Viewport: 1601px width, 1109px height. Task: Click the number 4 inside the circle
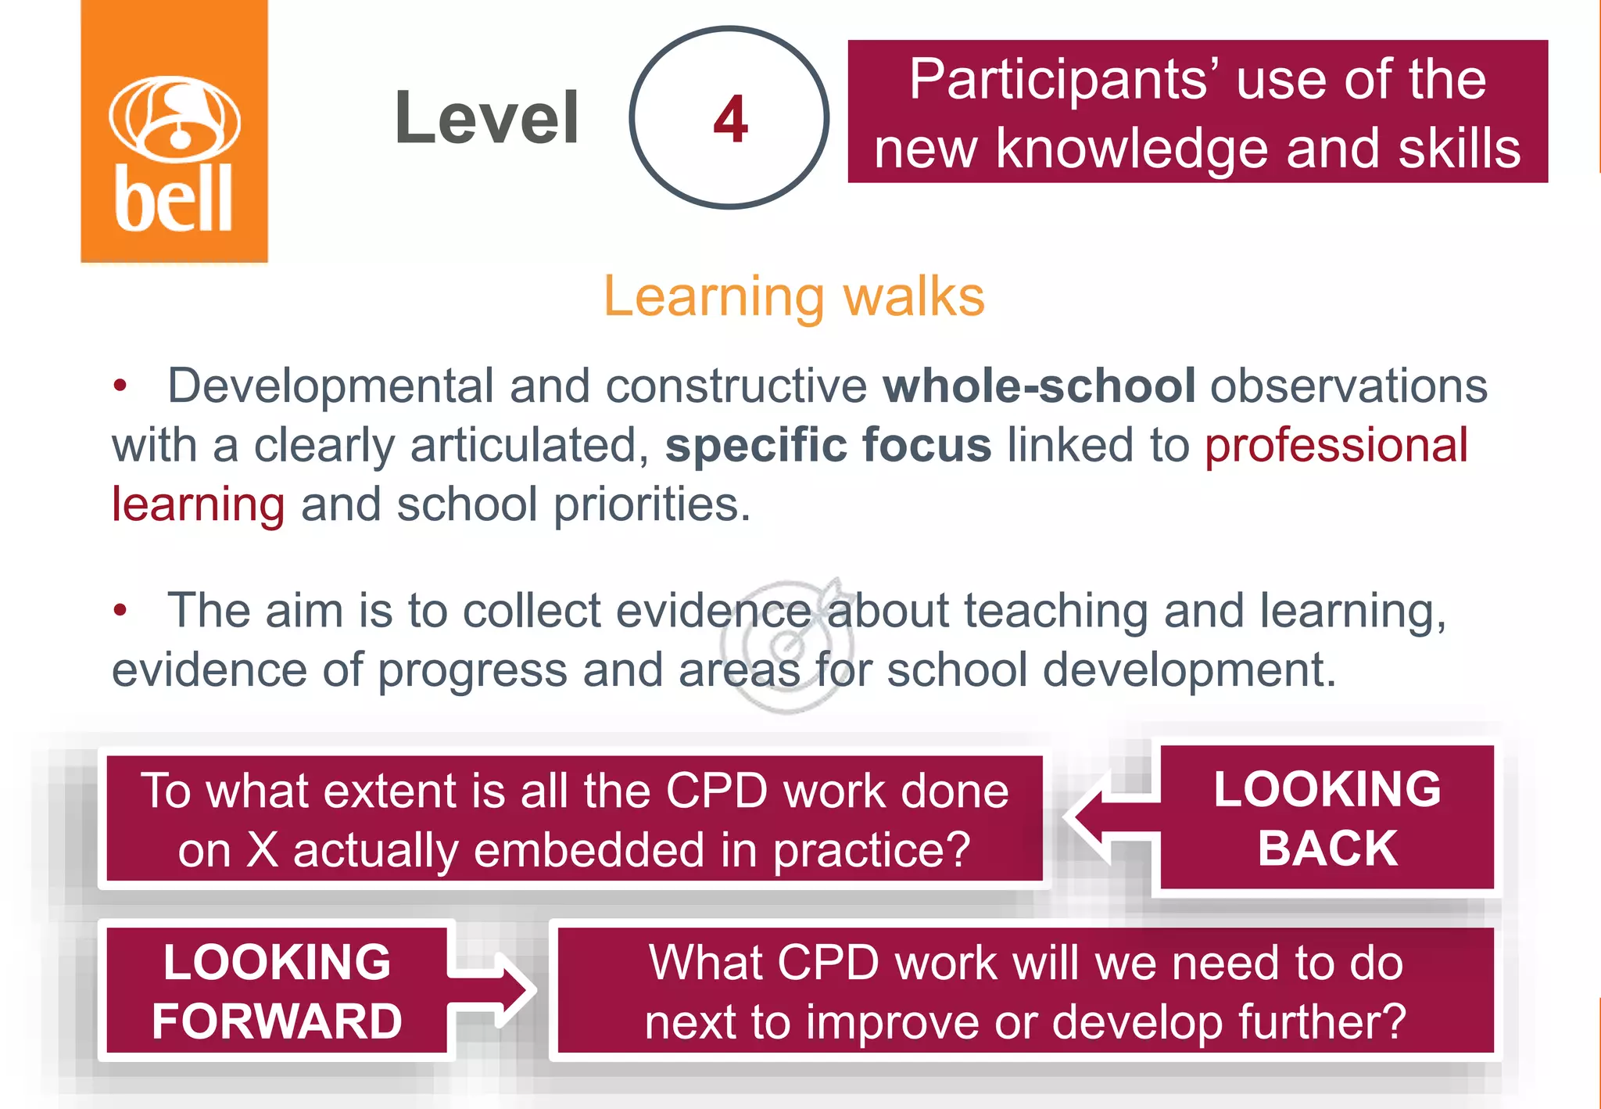click(730, 119)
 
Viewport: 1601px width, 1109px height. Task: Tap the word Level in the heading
click(486, 118)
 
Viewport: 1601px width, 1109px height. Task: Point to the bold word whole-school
click(1039, 386)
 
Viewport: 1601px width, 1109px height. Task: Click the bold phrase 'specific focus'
click(828, 445)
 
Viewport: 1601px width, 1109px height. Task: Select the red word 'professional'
click(1335, 445)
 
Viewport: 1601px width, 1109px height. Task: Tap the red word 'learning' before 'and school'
click(198, 504)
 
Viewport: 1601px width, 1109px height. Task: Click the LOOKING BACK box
click(1327, 818)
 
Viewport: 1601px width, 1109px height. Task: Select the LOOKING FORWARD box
click(277, 991)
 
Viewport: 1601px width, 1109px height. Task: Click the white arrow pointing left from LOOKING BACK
click(1110, 818)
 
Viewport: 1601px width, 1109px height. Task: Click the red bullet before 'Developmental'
click(120, 386)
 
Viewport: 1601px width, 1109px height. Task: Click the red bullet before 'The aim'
click(120, 610)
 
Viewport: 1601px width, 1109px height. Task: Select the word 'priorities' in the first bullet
click(646, 504)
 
